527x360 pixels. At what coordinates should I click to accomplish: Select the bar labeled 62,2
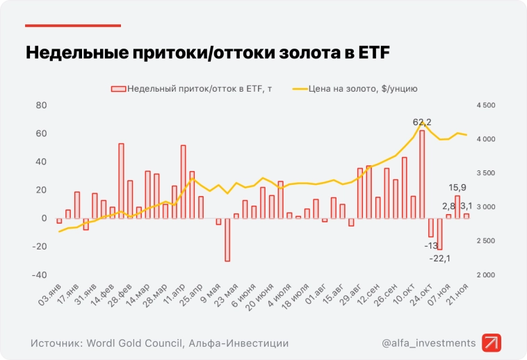tap(421, 174)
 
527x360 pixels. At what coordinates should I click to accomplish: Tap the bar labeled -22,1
tap(439, 234)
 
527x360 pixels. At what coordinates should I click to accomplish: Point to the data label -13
tap(431, 245)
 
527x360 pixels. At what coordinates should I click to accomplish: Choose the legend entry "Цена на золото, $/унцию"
tap(355, 89)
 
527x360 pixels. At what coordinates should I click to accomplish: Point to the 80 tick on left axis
tap(41, 105)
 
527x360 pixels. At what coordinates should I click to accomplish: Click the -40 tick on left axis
tap(39, 275)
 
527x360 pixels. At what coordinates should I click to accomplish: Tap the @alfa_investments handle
tap(429, 343)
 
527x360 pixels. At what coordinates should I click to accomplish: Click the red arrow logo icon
tap(492, 343)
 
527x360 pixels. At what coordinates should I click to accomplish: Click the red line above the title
tap(73, 26)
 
